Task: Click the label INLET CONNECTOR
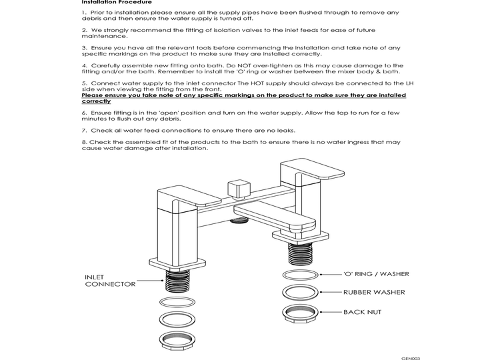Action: [110, 281]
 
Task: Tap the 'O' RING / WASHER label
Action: [376, 274]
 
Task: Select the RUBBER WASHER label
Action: [374, 292]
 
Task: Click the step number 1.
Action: [84, 13]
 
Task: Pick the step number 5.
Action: [84, 83]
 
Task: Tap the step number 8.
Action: [84, 142]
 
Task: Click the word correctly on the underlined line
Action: [96, 101]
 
